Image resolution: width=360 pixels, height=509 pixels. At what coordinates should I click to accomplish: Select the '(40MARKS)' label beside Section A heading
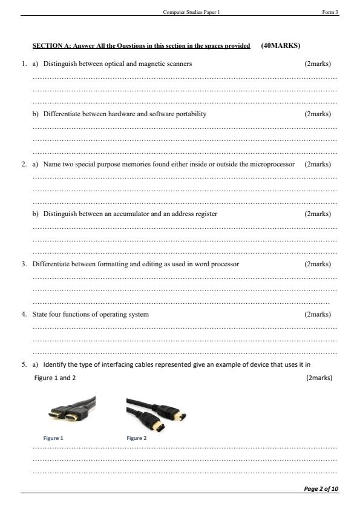click(x=281, y=45)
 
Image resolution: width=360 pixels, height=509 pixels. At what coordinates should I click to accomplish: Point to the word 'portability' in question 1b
click(x=191, y=114)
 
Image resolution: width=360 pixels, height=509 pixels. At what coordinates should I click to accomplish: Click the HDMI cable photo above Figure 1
click(x=71, y=412)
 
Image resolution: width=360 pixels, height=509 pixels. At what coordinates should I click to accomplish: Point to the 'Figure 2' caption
click(x=136, y=438)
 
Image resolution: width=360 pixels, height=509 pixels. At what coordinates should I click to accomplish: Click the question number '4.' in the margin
click(x=24, y=314)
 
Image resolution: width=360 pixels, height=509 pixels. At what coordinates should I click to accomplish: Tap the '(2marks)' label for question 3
click(x=318, y=264)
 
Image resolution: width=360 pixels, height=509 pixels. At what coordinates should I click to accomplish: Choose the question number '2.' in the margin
click(x=24, y=164)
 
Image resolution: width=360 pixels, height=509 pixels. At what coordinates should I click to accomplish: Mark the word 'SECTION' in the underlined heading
click(x=45, y=46)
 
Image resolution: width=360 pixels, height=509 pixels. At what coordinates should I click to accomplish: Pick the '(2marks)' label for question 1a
click(x=318, y=64)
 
